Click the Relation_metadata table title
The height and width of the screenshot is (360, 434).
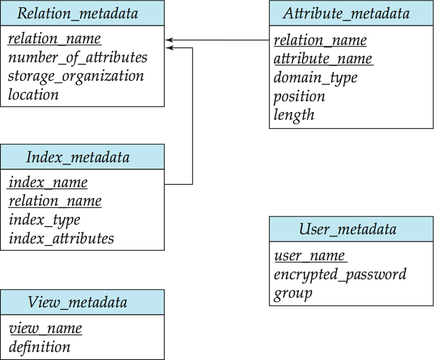point(78,13)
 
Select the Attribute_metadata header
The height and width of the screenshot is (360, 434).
point(346,13)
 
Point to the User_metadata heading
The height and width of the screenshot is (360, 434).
point(347,229)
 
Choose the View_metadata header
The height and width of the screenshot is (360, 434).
point(78,302)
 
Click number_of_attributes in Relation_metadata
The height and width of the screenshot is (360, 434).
point(78,58)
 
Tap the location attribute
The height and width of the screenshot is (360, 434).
point(33,94)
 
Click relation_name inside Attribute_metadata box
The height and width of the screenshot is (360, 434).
point(320,40)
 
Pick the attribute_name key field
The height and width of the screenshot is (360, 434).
point(324,59)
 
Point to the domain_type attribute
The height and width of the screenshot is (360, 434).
point(316,78)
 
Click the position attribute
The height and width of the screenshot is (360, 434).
point(300,97)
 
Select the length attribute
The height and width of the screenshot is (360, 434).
point(294,115)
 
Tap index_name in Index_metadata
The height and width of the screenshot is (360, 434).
point(48,183)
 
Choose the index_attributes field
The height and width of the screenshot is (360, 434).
point(61,239)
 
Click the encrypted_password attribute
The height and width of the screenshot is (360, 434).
point(340,275)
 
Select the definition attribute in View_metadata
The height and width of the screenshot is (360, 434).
point(39,347)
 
